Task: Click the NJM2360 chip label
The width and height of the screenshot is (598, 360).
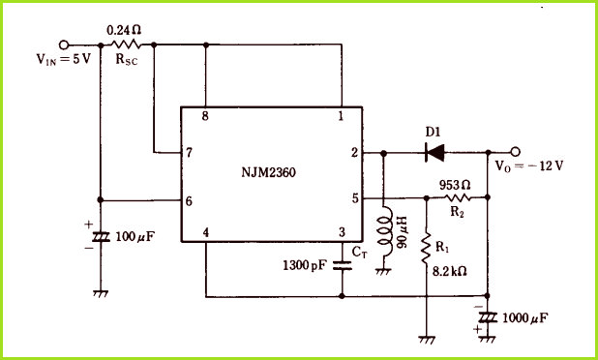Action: click(x=268, y=173)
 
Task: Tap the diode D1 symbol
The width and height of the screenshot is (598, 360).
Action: click(x=434, y=153)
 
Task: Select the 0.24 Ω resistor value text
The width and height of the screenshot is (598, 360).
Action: click(x=124, y=30)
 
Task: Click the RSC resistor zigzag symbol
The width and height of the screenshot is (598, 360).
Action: click(x=127, y=45)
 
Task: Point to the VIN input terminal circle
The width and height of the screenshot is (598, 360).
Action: click(x=64, y=45)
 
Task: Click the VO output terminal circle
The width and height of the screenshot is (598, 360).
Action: click(x=515, y=152)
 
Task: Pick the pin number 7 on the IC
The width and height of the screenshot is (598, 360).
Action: click(x=189, y=153)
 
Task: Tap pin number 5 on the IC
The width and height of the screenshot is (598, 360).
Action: click(x=355, y=198)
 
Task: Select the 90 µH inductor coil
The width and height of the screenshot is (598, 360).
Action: click(x=384, y=231)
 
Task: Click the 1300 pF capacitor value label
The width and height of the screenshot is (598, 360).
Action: click(x=305, y=265)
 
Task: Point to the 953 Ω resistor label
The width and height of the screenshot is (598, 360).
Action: click(x=455, y=186)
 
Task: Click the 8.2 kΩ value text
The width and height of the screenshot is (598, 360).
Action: click(x=449, y=272)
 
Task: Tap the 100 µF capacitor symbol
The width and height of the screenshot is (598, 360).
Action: click(x=101, y=237)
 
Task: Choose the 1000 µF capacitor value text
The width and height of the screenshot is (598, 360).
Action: click(x=525, y=318)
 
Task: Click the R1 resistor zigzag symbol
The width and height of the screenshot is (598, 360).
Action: click(x=427, y=248)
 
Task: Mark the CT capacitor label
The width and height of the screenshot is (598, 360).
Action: click(x=359, y=253)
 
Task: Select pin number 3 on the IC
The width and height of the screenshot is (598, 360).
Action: click(x=342, y=232)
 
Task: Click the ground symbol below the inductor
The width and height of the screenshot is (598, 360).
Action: click(x=383, y=271)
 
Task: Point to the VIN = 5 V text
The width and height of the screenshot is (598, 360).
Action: click(x=64, y=59)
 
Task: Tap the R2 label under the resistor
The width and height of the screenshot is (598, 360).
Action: click(x=457, y=212)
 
